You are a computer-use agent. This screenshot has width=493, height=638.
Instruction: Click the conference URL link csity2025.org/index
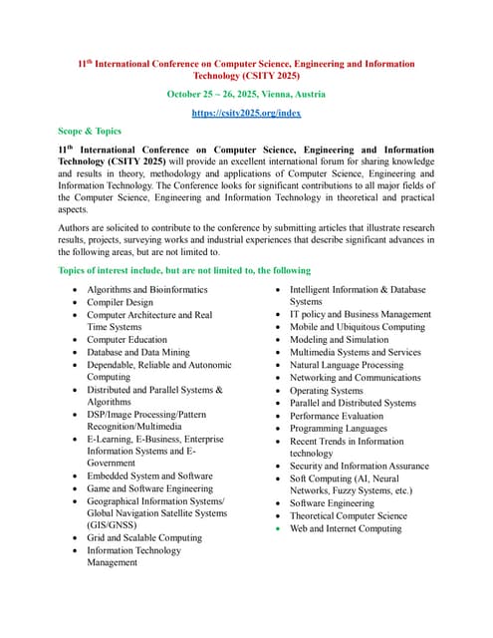click(246, 113)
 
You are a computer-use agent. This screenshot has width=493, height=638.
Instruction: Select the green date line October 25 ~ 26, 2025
click(246, 94)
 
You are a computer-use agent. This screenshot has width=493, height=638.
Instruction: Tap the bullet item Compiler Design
click(120, 302)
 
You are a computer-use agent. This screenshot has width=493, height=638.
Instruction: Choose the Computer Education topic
click(126, 339)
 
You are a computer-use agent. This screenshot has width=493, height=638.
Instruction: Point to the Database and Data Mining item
click(137, 352)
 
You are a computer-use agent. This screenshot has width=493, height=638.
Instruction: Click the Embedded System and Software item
click(149, 476)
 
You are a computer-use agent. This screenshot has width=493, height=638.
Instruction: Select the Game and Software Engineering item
click(149, 488)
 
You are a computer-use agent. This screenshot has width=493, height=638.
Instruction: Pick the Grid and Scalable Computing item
click(143, 537)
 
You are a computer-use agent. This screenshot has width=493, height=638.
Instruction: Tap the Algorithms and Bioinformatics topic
click(147, 289)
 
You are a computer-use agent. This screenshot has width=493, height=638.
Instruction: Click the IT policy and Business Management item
click(360, 314)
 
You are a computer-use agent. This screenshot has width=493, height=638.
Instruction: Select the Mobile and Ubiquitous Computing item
click(357, 327)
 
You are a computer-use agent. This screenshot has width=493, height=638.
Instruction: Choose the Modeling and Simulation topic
click(339, 339)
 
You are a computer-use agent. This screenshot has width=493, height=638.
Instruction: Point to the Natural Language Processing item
click(347, 365)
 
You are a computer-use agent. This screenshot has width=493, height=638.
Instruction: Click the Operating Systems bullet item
click(326, 391)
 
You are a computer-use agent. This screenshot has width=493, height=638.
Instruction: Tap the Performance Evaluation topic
click(336, 416)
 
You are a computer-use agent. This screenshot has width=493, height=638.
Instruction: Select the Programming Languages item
click(339, 428)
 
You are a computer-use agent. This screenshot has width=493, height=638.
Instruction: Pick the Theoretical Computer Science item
click(348, 515)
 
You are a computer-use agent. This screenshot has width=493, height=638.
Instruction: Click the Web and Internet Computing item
click(345, 528)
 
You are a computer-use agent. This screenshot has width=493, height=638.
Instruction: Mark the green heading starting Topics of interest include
click(184, 270)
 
